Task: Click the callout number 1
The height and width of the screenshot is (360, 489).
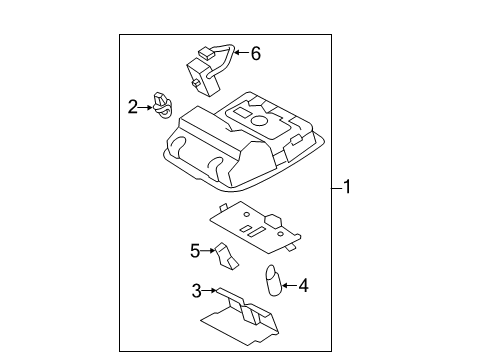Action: pos(347,187)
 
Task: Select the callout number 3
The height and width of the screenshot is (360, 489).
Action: pos(197,291)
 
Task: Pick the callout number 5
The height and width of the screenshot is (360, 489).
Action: pos(196,250)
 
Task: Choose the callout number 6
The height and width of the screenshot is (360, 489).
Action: pos(255,54)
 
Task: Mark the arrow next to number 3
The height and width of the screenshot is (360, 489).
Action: pos(210,291)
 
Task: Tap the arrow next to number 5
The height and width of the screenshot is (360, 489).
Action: pos(210,250)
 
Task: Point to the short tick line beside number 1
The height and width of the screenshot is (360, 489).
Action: pos(335,187)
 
